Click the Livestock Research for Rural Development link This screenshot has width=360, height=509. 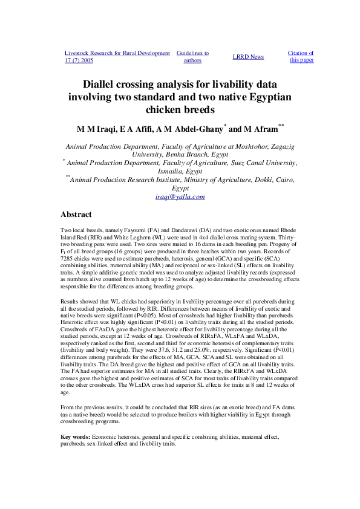[117, 53]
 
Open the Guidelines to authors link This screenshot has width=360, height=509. [192, 57]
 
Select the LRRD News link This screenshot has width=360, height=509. [248, 57]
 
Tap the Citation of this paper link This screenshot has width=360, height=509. [301, 57]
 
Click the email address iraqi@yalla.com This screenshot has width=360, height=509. [180, 196]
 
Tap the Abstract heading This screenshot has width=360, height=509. [76, 215]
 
